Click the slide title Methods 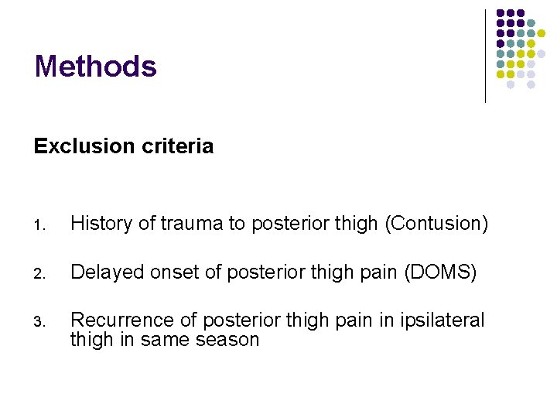click(x=95, y=67)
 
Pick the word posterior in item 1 click(x=287, y=224)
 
